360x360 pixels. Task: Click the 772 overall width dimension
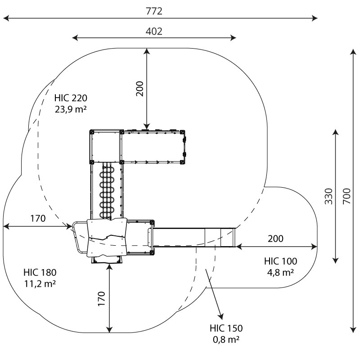tap(154, 11)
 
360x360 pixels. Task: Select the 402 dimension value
tap(154, 31)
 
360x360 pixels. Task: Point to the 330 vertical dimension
tap(329, 196)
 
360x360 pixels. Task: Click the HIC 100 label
tap(280, 261)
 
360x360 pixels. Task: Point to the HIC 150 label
tap(226, 328)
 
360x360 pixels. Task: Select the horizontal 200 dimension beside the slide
tap(275, 238)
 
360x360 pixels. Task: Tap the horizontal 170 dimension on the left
tap(38, 219)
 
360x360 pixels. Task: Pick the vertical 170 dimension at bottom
tap(102, 299)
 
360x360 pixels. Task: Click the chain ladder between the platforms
tap(107, 191)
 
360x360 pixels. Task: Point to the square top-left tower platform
tap(106, 146)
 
